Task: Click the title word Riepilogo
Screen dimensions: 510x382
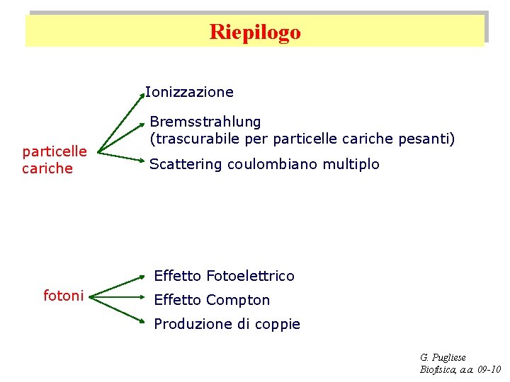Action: coord(255,32)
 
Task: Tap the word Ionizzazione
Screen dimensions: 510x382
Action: coord(189,92)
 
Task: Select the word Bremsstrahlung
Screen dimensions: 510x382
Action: coord(205,122)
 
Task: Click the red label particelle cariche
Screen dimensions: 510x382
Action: coord(55,159)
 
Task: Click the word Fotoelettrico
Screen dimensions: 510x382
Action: coord(250,276)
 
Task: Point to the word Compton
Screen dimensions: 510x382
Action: coord(239,300)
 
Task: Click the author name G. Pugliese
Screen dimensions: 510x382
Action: coord(443,358)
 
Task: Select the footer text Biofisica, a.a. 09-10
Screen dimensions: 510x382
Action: coord(460,369)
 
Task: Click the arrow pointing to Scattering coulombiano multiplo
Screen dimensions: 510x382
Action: coord(120,159)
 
